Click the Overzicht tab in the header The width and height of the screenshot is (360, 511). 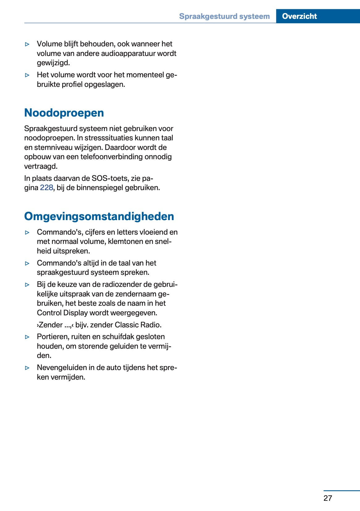tap(299, 16)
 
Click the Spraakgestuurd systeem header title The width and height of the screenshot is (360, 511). tap(224, 16)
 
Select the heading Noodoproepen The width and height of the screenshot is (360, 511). tap(64, 113)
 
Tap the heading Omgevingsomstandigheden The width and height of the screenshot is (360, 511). tap(99, 216)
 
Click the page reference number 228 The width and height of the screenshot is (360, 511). tap(46, 188)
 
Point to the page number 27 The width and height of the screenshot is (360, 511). tap(328, 498)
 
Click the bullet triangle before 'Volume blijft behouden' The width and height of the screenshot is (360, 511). tap(27, 44)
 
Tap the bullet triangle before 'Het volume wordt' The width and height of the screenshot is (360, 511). tap(27, 75)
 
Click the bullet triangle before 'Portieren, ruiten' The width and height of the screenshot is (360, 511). tap(27, 337)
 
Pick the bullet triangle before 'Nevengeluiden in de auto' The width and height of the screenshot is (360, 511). tap(27, 368)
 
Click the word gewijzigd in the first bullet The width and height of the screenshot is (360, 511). tap(53, 63)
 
